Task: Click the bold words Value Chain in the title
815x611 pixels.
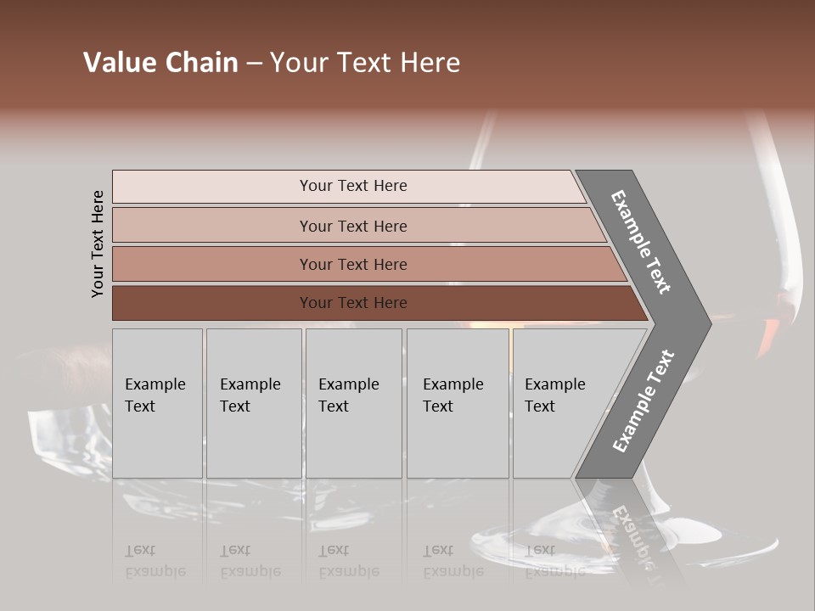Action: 160,63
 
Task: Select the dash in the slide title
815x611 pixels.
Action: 254,64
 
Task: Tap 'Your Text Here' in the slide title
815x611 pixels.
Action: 365,63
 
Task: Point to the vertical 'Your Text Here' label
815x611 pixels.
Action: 98,244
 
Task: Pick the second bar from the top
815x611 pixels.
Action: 352,226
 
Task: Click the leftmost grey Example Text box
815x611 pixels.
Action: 157,403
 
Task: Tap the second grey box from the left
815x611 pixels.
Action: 254,403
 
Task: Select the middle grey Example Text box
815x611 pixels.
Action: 353,403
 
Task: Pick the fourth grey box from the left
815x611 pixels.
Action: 458,403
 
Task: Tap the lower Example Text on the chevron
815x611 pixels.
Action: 644,401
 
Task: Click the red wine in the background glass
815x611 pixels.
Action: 773,331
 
